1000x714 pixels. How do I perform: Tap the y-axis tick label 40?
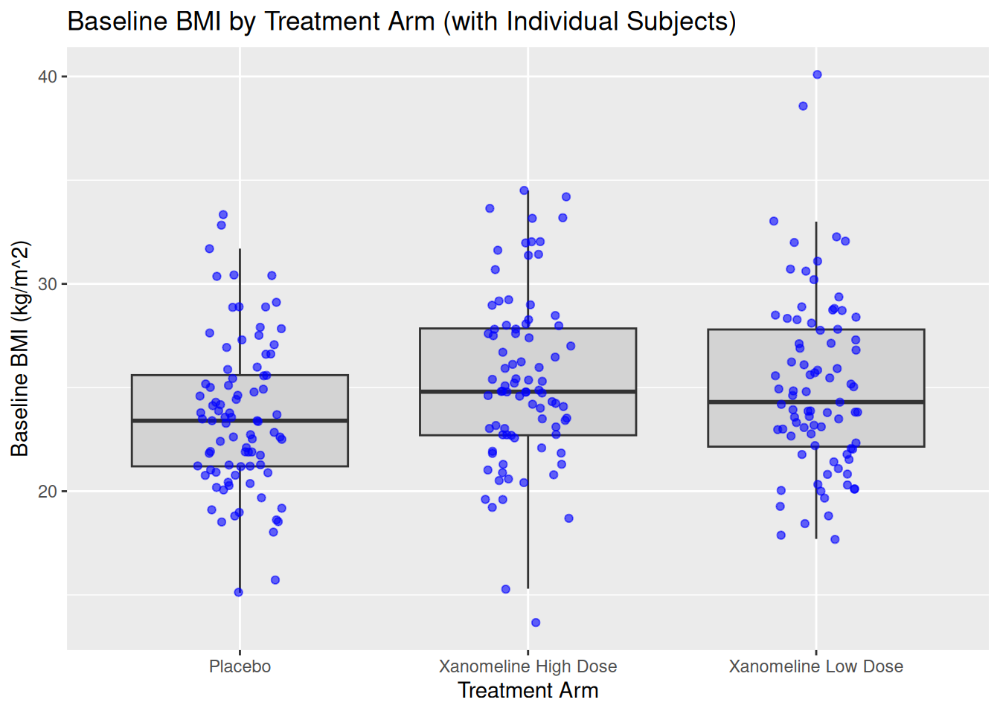(x=48, y=77)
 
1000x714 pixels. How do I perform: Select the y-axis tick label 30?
(x=48, y=284)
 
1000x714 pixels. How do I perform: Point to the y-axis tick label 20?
(x=48, y=492)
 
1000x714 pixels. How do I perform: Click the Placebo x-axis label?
(x=240, y=666)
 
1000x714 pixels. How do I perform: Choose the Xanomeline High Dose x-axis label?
(x=528, y=666)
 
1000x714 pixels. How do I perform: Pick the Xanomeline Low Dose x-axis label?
(x=815, y=666)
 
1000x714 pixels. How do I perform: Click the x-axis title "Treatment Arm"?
(x=528, y=691)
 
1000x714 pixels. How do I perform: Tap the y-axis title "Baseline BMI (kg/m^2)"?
(x=20, y=348)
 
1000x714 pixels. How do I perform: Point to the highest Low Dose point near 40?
(x=817, y=74)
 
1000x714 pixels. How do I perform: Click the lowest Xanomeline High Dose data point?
(x=536, y=623)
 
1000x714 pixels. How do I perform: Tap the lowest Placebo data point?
(x=238, y=593)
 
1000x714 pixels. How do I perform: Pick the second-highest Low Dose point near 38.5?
(x=803, y=106)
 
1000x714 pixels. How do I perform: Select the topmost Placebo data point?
(x=222, y=215)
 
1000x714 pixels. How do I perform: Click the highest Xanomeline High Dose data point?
(x=524, y=190)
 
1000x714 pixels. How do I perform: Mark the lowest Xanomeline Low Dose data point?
(x=835, y=539)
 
